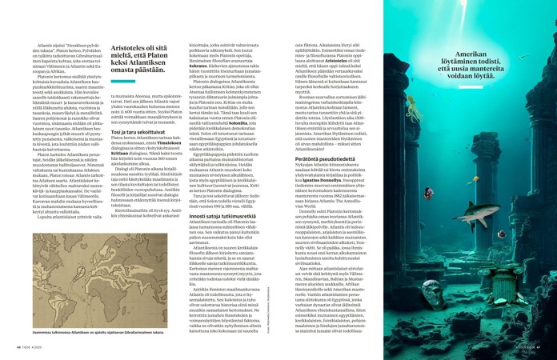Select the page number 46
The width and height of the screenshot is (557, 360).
pyautogui.click(x=18, y=348)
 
